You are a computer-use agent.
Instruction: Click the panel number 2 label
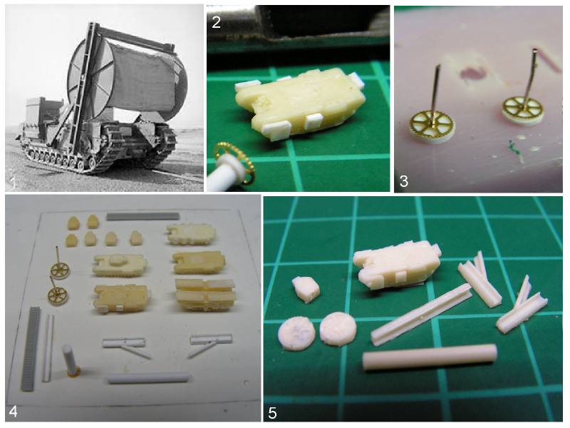[x=216, y=22]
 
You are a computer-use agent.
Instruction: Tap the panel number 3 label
[x=403, y=181]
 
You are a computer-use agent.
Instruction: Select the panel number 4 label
[x=14, y=412]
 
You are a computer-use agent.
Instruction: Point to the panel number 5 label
[x=273, y=413]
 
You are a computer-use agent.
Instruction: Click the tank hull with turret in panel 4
[x=120, y=265]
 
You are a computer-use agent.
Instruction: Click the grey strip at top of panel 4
[x=143, y=216]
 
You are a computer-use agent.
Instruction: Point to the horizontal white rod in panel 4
[x=148, y=378]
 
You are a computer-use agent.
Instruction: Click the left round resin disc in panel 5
[x=296, y=333]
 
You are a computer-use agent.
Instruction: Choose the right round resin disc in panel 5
[x=338, y=329]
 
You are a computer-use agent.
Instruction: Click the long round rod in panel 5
[x=430, y=357]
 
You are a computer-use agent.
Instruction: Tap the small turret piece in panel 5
[x=306, y=290]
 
